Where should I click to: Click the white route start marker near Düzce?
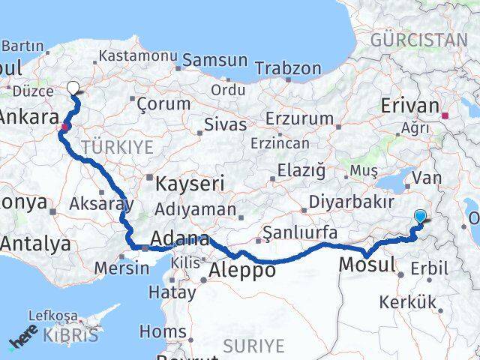[73, 87]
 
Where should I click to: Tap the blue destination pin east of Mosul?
[420, 217]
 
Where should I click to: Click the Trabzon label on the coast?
[288, 69]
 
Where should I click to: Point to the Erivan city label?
[409, 106]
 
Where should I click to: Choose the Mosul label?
[367, 265]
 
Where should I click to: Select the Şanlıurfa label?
[301, 233]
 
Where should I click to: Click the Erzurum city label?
[299, 118]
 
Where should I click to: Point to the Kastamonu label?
[138, 56]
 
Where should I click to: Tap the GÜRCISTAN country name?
[418, 40]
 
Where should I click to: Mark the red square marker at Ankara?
[66, 127]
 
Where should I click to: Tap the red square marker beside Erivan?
[445, 115]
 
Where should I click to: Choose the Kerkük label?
[407, 302]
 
